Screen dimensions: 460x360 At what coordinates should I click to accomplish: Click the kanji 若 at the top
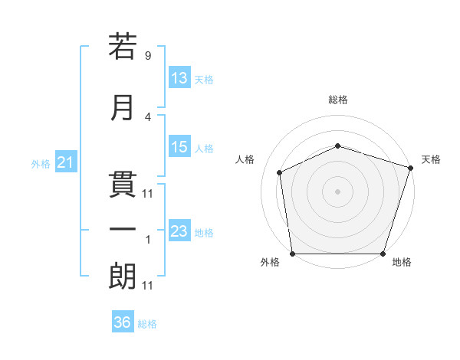123,46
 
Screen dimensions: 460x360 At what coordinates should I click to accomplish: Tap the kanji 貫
123,185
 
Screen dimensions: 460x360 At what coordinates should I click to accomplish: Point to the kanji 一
123,229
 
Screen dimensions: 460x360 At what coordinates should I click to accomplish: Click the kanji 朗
123,277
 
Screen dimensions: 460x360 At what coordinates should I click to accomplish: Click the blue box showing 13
179,77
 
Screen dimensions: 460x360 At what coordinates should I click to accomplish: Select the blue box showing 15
179,146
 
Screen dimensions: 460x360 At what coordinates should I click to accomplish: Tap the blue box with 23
179,230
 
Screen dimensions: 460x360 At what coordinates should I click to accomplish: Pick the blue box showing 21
66,162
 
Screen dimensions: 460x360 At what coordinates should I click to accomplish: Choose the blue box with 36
123,321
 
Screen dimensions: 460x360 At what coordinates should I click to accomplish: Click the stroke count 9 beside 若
148,55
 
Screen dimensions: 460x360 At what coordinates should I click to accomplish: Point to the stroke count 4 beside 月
148,117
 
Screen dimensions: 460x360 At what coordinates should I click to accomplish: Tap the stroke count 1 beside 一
148,240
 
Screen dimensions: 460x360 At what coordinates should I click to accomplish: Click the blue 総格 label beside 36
147,324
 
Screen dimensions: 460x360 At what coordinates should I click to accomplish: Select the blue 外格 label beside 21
41,164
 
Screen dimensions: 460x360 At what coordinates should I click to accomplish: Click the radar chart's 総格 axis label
338,100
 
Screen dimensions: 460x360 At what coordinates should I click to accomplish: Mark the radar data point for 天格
411,168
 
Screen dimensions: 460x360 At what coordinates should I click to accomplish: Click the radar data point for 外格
293,254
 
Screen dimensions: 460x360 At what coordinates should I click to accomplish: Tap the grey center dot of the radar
337,191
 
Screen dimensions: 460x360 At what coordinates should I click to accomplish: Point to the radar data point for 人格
280,172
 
